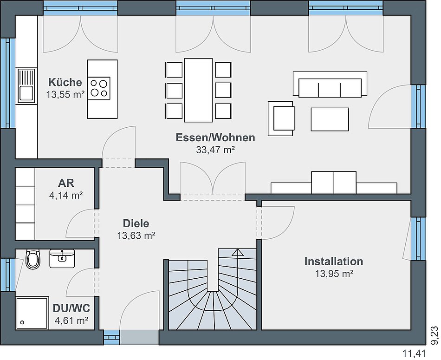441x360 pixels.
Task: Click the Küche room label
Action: pos(65,83)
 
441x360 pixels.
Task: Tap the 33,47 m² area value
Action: pos(215,150)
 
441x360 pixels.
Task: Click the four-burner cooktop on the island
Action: pos(100,87)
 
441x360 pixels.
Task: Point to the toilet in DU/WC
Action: pos(32,260)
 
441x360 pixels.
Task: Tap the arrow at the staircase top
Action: pos(238,253)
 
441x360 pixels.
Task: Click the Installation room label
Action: pos(333,262)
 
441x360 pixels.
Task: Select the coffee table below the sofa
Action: pos(330,119)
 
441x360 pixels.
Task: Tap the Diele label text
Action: pos(136,223)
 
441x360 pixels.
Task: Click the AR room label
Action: pos(66,183)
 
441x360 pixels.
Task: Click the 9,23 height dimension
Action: pos(434,334)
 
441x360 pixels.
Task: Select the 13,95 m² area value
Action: pos(334,274)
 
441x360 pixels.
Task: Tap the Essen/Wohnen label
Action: pos(215,138)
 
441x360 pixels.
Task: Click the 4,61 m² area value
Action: pos(71,321)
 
